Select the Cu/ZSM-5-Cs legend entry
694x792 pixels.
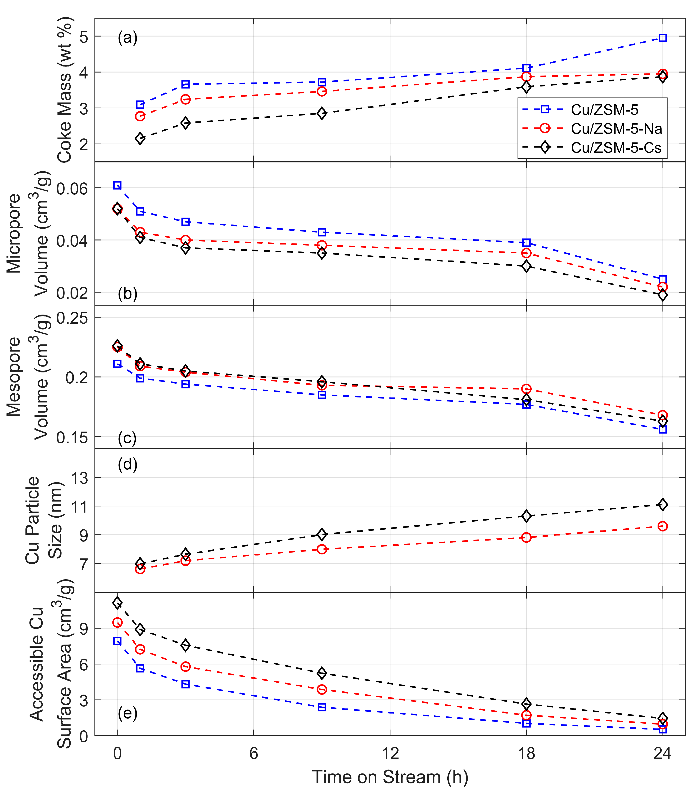pos(592,148)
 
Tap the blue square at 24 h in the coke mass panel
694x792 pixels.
pos(663,38)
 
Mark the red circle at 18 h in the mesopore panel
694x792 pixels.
pos(526,389)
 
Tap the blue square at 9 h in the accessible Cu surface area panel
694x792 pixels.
pos(322,707)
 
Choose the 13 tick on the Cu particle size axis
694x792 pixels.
pos(80,478)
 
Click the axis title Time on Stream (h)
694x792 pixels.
pos(390,777)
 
